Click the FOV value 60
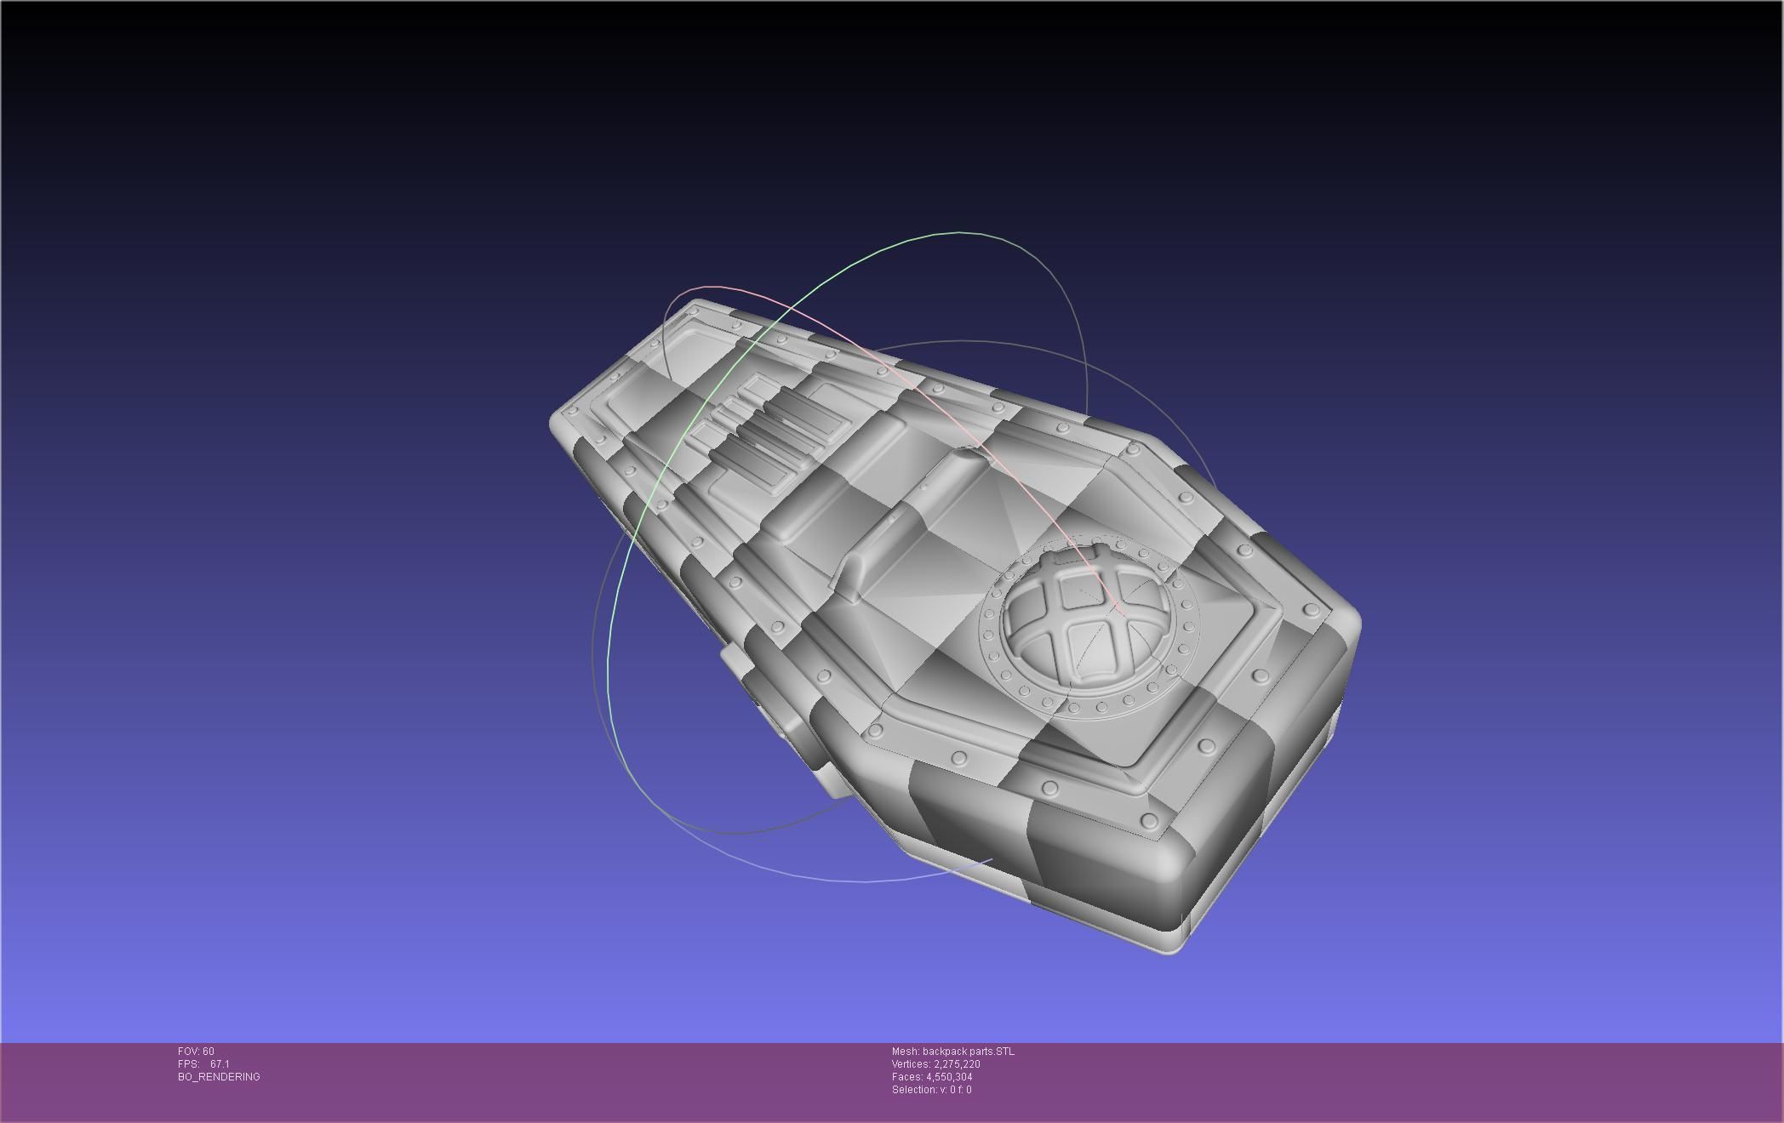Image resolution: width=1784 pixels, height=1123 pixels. click(x=209, y=1052)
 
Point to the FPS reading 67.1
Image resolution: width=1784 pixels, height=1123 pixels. click(x=220, y=1064)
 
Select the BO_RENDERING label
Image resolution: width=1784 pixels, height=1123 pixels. click(x=219, y=1077)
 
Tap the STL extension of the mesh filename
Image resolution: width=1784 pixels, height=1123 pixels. click(x=1004, y=1052)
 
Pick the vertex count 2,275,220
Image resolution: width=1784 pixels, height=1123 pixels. click(x=957, y=1064)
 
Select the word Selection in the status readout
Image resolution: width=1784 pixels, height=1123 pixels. click(x=913, y=1090)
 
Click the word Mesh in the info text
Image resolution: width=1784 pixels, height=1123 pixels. click(x=905, y=1052)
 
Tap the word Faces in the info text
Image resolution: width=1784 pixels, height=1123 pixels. click(x=906, y=1077)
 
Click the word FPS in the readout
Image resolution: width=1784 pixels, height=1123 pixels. click(x=187, y=1064)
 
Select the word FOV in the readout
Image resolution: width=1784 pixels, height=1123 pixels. click(x=188, y=1052)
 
